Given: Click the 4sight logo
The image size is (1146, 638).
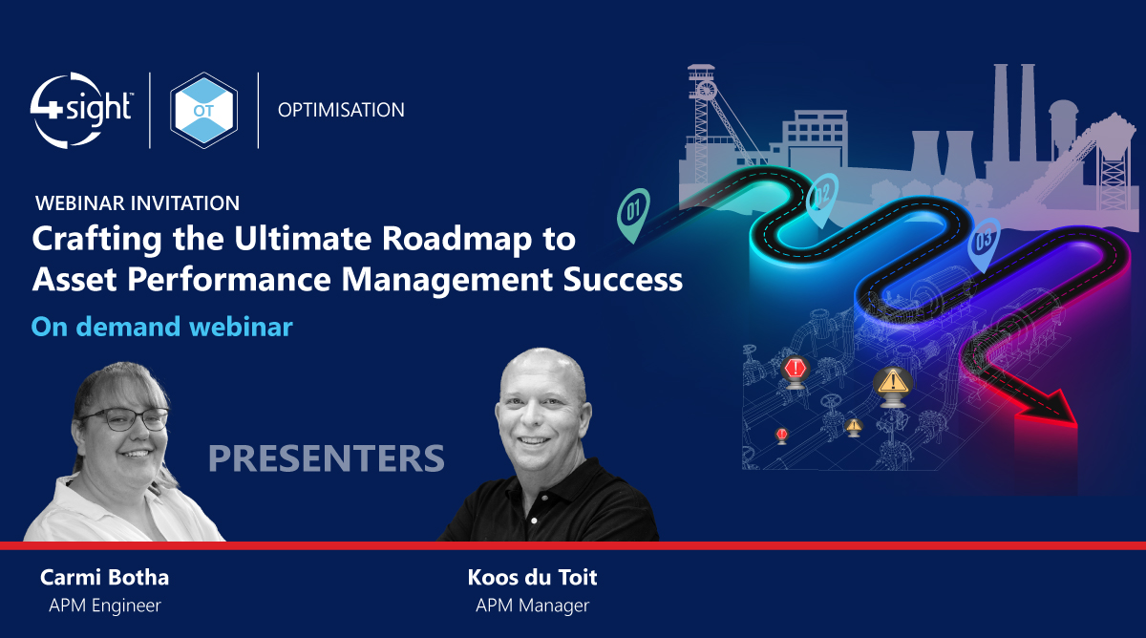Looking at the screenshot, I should (80, 110).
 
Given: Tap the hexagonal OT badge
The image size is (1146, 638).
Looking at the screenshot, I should (203, 110).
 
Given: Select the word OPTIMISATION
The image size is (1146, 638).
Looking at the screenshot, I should (341, 110).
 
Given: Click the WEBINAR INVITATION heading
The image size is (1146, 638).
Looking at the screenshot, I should (137, 202).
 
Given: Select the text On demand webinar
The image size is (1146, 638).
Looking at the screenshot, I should (161, 327).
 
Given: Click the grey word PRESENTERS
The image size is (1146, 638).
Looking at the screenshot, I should (327, 458).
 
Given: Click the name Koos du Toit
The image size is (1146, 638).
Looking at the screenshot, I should (532, 578).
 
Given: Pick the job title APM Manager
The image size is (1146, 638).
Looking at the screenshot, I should (532, 605).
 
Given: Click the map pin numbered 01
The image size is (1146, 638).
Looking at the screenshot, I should (633, 207).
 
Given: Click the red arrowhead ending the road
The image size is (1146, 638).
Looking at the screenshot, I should (1049, 413).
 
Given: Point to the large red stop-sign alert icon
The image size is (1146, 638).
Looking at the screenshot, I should (795, 369).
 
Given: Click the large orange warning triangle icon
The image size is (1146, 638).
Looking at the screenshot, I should (893, 381).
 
